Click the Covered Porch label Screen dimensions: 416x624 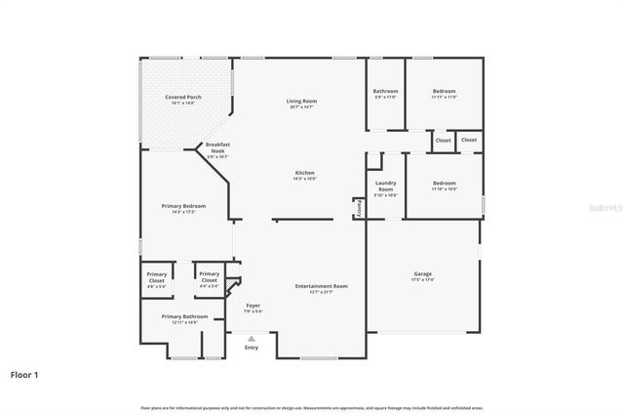[182, 98]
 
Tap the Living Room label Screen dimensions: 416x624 [302, 102]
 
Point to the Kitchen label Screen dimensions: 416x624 [305, 173]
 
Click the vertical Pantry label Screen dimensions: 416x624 [359, 208]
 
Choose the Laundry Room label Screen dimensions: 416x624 [386, 186]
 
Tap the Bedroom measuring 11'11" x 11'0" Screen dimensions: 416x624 [444, 91]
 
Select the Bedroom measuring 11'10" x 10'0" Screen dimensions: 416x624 [444, 183]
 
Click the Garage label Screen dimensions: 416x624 [422, 273]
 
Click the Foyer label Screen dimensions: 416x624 [253, 306]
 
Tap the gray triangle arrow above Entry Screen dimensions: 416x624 [252, 338]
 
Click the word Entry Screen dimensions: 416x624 [252, 348]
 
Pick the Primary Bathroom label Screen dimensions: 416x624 [184, 316]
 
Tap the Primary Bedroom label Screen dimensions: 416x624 [183, 205]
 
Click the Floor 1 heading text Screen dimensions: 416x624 [24, 374]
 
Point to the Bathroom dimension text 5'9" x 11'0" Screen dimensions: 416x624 [385, 97]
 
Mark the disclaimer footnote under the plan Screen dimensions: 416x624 [312, 407]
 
